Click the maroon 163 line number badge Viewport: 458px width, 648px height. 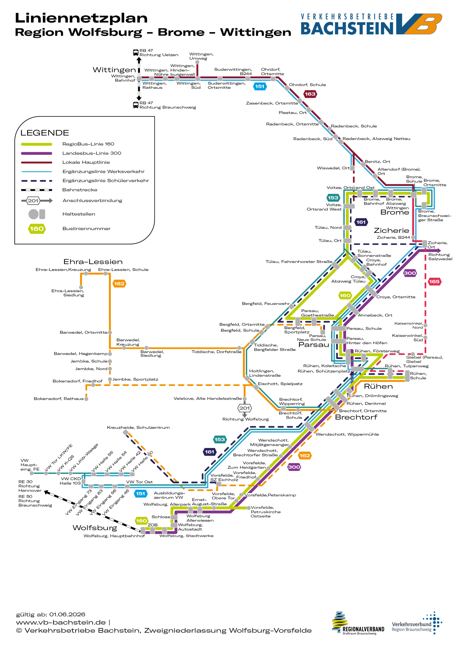(x=310, y=94)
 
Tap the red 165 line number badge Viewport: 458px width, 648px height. (x=434, y=281)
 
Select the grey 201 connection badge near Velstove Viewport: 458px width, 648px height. (x=244, y=408)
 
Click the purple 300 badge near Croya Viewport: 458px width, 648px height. (x=410, y=273)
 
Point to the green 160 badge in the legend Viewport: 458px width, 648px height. (x=37, y=229)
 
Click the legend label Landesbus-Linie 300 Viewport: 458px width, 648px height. (x=92, y=153)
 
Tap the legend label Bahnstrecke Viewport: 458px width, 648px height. (x=80, y=190)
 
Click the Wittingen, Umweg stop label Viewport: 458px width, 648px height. (x=201, y=56)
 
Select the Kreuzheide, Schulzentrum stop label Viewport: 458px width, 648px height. (x=138, y=427)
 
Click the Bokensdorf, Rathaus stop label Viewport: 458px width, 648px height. (x=59, y=398)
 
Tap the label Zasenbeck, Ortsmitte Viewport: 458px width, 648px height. (x=272, y=103)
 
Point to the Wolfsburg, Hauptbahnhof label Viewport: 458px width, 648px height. (x=114, y=536)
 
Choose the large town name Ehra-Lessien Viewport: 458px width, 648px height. (x=93, y=262)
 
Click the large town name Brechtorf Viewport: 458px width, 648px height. (x=356, y=417)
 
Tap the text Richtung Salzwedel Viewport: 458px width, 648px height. (x=440, y=257)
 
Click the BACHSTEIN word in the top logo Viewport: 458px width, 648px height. (x=347, y=28)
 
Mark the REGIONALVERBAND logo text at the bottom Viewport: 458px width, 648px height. (x=363, y=629)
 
